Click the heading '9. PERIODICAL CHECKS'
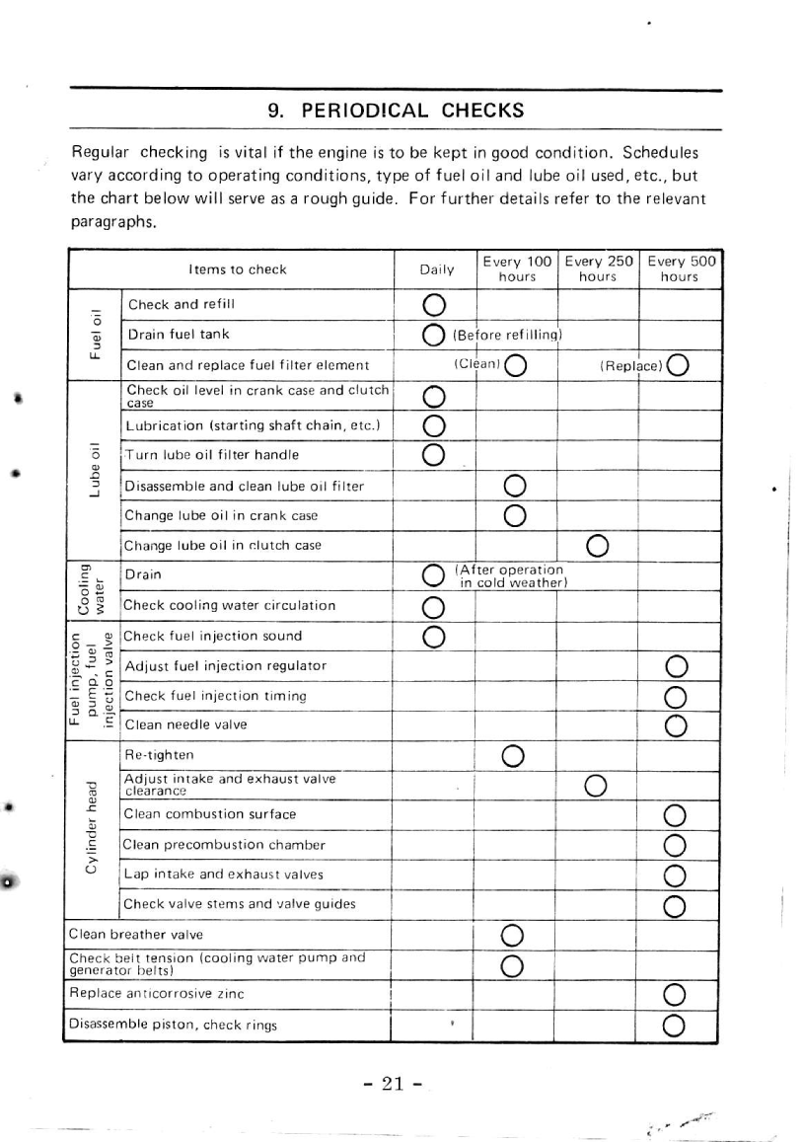pos(396,111)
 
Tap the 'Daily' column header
pos(436,269)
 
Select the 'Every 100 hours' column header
pos(517,269)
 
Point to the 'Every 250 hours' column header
pos(598,269)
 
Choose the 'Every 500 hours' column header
pos(680,269)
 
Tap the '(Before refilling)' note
pos(506,335)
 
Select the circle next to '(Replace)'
pos(678,366)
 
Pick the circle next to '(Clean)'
pos(515,366)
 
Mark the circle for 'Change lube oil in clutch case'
pos(596,546)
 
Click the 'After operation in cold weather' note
pos(509,575)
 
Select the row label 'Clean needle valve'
pos(184,724)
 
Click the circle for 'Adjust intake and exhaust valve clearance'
pos(595,786)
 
